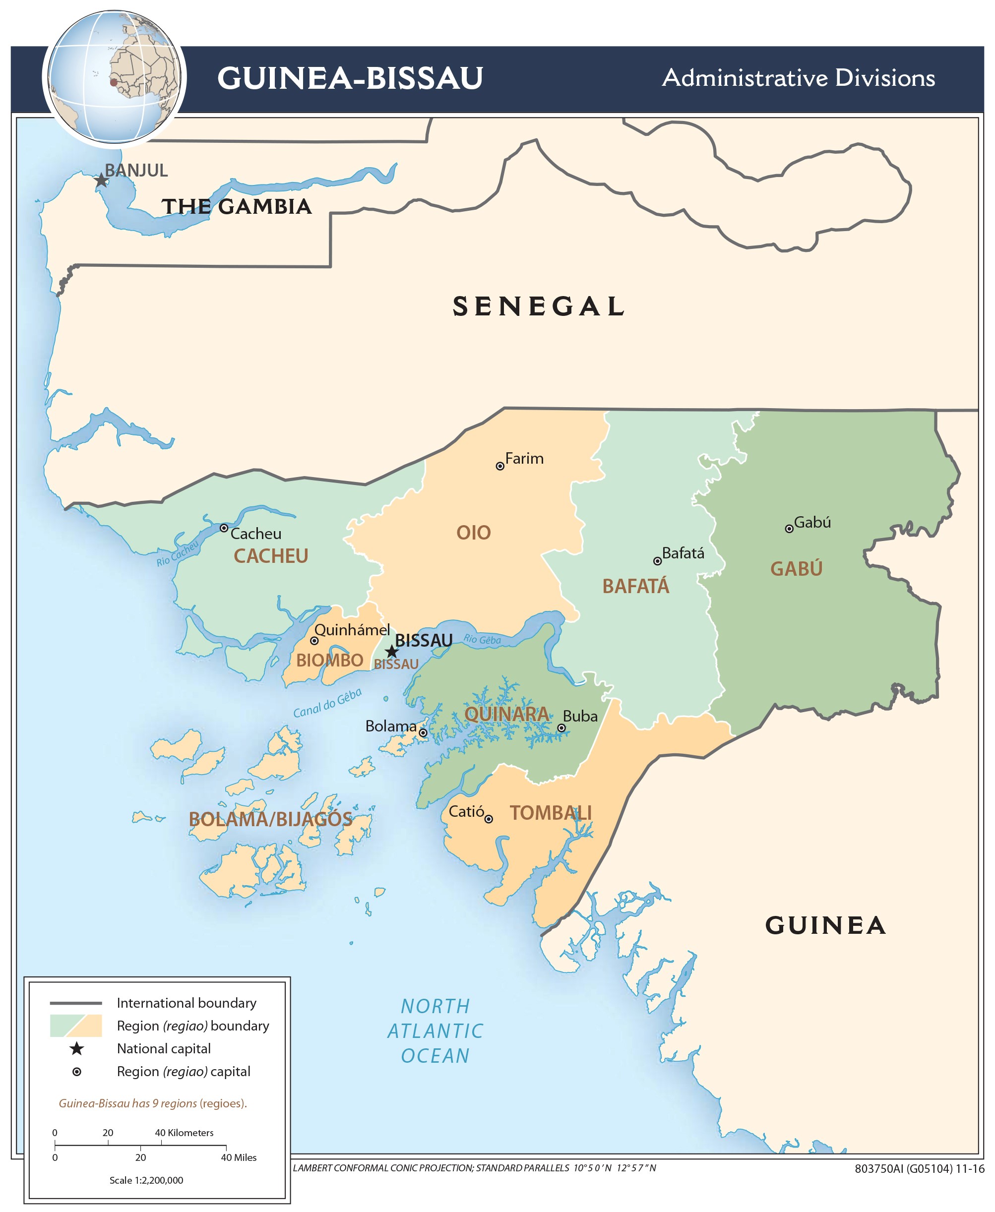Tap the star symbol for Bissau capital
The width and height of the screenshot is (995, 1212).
pos(391,652)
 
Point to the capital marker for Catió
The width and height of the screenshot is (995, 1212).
pos(489,819)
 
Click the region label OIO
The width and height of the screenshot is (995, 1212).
pos(473,533)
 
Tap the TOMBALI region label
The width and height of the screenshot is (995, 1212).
pos(550,813)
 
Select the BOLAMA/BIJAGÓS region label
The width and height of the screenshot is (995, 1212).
pos(270,819)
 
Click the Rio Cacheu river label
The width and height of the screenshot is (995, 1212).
pos(177,553)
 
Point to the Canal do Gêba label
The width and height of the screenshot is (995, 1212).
pos(327,703)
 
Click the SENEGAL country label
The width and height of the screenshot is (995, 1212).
pos(539,306)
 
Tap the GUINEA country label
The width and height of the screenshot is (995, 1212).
pos(825,925)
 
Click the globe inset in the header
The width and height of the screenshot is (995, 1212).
pos(114,77)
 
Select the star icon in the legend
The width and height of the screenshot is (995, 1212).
pos(77,1049)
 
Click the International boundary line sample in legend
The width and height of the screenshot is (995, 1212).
pos(76,1003)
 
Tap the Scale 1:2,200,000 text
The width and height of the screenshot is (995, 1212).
pos(146,1180)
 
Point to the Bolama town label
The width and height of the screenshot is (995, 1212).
pos(391,727)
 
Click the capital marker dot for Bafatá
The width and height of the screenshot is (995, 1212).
pos(657,561)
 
